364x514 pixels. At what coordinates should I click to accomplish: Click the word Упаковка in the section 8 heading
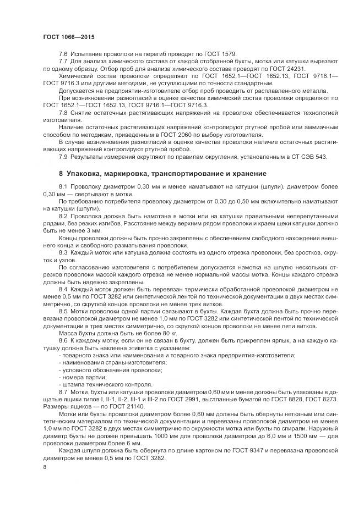[87, 173]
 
